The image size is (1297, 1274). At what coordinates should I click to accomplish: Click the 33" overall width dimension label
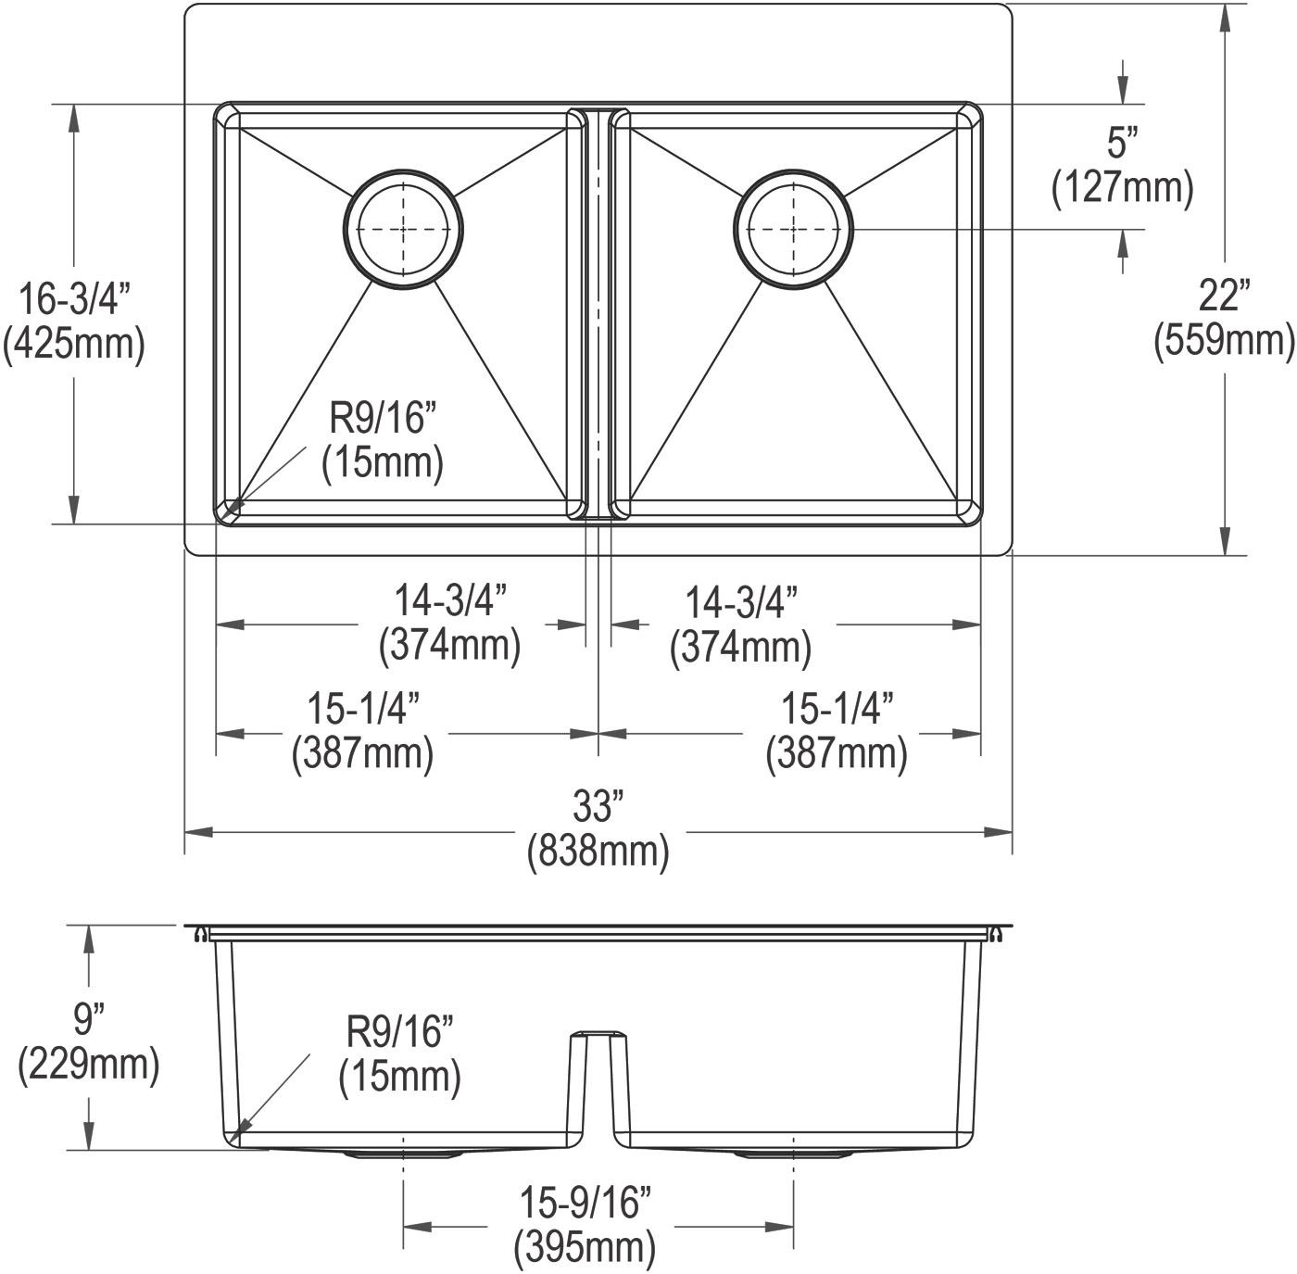point(598,806)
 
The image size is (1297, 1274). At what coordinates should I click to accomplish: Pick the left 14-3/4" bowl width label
point(450,600)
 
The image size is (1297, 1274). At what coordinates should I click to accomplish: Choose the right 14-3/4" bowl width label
point(741,601)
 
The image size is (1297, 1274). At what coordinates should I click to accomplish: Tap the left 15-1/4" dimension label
point(363,709)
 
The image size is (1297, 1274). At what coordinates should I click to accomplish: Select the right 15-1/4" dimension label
point(837,709)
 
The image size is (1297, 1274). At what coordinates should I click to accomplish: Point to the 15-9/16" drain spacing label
point(586,1203)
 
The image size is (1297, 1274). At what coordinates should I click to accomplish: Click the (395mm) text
point(585,1247)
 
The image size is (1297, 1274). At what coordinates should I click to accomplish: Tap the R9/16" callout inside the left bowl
point(383,418)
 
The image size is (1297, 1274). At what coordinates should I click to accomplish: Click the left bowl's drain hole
point(403,229)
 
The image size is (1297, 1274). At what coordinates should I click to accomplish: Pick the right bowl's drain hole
point(794,229)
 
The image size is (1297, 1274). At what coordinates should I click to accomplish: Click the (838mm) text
point(598,851)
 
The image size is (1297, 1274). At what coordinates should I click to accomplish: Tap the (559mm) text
point(1225,340)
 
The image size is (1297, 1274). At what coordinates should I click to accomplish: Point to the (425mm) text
point(74,344)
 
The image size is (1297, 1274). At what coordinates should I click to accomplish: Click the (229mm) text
point(89,1064)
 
